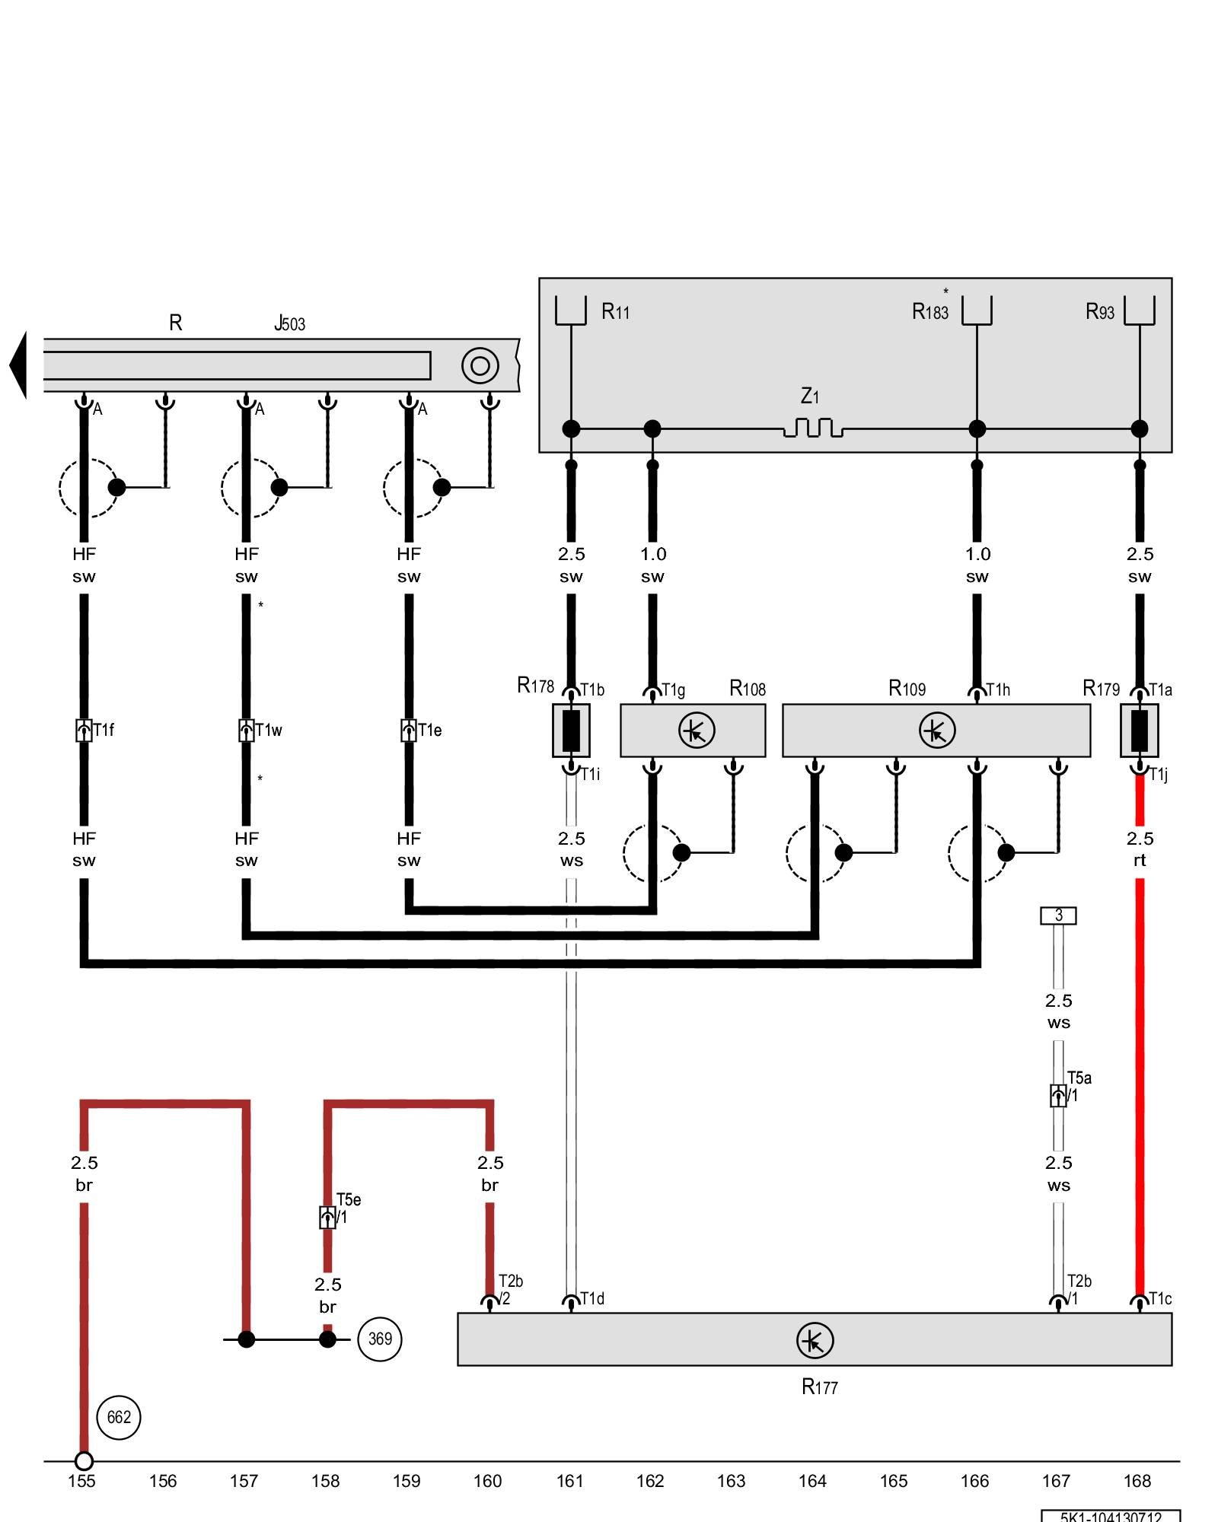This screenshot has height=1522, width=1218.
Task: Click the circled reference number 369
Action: point(380,1339)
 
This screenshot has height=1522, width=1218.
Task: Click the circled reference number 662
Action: point(119,1417)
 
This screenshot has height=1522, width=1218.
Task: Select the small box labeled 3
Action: point(1058,915)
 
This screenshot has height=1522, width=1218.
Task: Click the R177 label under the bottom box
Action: point(819,1387)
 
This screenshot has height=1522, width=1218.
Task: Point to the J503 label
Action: point(290,323)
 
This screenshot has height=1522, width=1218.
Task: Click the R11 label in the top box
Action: point(615,311)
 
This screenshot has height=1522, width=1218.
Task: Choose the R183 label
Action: point(930,311)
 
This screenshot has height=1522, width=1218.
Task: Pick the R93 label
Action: point(1099,311)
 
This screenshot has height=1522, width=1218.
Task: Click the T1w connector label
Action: point(268,731)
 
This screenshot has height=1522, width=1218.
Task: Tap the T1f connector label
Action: point(104,731)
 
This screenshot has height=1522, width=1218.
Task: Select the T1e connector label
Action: point(429,731)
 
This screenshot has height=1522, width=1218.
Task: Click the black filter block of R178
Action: point(571,731)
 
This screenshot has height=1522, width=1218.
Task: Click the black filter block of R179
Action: point(1139,731)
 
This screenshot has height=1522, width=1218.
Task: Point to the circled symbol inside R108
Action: point(697,731)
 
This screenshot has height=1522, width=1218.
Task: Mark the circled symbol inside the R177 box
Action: point(815,1341)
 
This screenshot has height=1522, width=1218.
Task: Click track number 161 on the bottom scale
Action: point(569,1481)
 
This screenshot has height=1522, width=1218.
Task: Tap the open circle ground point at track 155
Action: point(84,1461)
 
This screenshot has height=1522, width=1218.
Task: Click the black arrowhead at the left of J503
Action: point(18,365)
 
